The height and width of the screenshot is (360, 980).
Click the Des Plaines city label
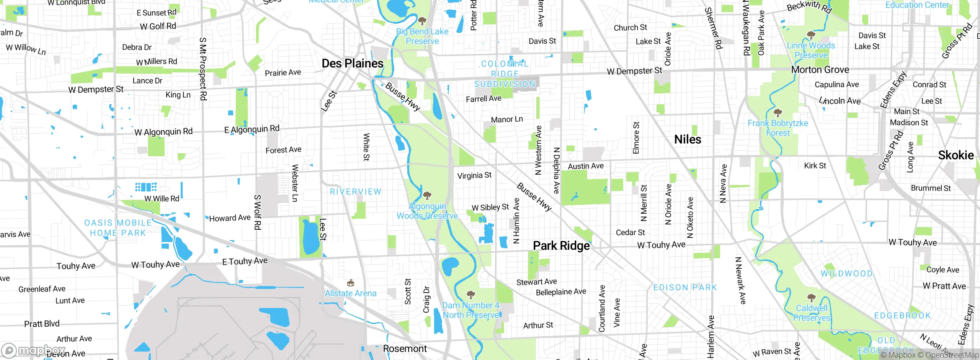point(352,64)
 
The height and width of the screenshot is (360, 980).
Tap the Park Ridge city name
point(561,246)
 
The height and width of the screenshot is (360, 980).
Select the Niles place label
point(688,140)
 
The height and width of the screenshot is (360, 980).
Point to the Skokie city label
point(955,155)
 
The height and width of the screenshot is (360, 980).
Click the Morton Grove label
point(820,70)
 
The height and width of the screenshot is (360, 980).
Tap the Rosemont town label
point(405,349)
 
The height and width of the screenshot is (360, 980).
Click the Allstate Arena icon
point(350,283)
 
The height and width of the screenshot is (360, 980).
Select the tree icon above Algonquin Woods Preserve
point(427,196)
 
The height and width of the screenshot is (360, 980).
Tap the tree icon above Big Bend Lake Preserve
point(422,21)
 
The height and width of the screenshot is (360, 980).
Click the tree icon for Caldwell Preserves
point(811,298)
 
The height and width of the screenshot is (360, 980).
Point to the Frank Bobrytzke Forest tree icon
point(777,113)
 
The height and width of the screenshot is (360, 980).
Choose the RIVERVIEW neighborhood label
point(356,192)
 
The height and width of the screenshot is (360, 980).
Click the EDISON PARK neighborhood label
point(685,288)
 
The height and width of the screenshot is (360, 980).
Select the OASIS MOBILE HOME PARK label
point(118,228)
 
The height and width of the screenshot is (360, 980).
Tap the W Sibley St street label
point(490,208)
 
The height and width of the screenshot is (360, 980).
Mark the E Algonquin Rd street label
point(252,129)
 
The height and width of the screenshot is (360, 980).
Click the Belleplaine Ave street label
point(561,292)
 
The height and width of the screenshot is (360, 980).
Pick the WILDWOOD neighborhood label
point(846,274)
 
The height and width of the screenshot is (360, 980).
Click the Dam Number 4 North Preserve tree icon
point(470,295)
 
